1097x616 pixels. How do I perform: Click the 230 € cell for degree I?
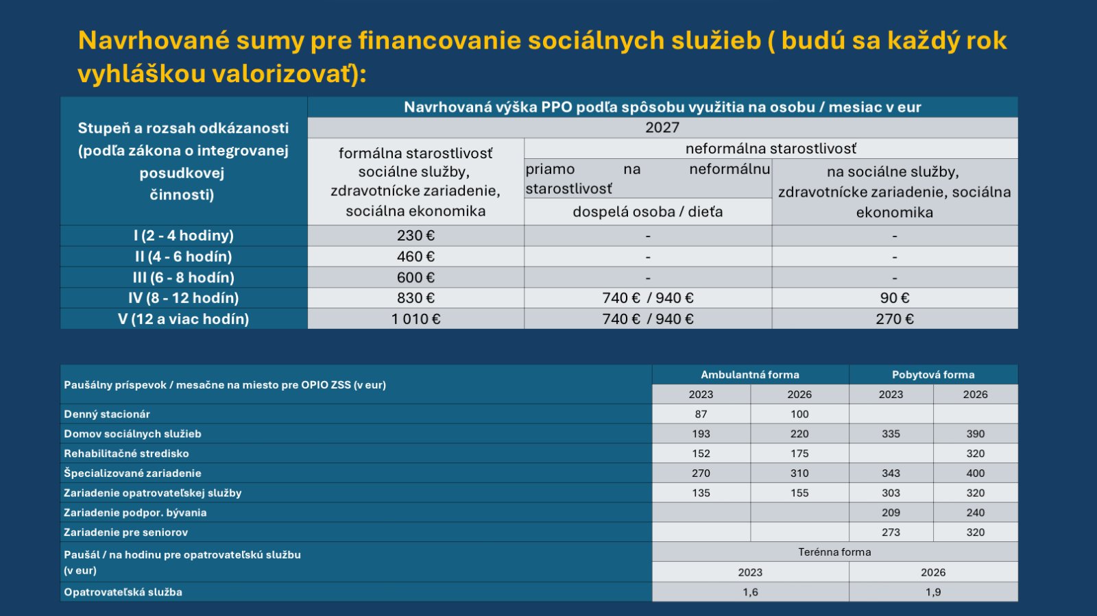(x=415, y=236)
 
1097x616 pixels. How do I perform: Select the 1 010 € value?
(x=415, y=319)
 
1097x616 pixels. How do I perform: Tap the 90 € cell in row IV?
(x=895, y=298)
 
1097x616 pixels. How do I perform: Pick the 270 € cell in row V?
(x=895, y=319)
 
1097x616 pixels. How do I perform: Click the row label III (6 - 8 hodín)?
(x=184, y=278)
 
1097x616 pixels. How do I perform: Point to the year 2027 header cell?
(x=662, y=127)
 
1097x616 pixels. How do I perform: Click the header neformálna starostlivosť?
(x=771, y=149)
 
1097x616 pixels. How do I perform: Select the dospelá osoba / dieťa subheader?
(x=648, y=212)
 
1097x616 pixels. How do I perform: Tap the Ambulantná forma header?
(x=750, y=375)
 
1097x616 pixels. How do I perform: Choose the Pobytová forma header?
(x=933, y=375)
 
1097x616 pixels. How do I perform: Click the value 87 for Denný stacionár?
(x=701, y=414)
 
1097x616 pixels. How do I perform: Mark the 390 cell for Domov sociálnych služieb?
(x=976, y=434)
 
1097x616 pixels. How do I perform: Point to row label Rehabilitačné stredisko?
(x=126, y=454)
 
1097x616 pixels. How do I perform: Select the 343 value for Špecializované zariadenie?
(x=891, y=473)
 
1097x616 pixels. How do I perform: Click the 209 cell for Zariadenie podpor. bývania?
(x=891, y=513)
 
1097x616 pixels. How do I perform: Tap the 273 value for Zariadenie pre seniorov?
(x=891, y=532)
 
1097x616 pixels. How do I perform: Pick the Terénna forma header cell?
(x=834, y=552)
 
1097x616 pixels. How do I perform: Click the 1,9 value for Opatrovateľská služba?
(x=933, y=592)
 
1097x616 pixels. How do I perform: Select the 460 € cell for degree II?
(x=415, y=257)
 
